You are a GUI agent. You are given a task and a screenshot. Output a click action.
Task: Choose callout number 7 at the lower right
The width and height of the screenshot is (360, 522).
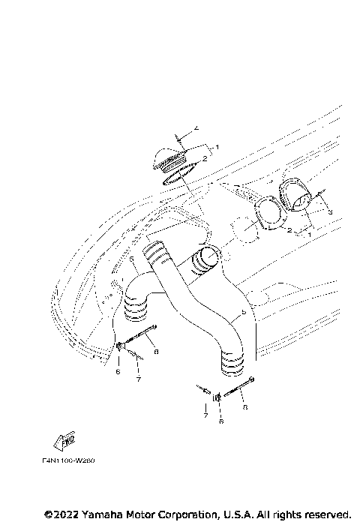point(203,413)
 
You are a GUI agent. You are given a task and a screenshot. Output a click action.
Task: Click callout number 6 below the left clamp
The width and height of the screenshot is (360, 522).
point(118,370)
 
